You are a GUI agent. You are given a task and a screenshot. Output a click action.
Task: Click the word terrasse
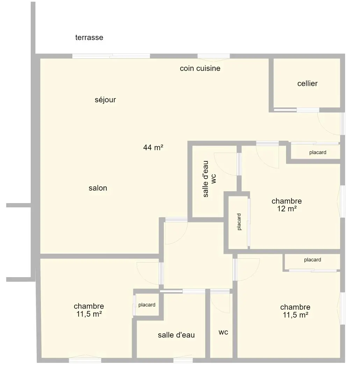pos(89,37)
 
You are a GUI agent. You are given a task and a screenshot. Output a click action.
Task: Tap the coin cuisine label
pos(200,68)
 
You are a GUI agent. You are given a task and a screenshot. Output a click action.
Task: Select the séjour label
pos(105,100)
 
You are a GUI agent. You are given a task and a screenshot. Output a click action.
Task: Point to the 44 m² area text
pos(153,147)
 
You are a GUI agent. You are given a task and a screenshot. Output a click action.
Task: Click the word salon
pos(98,188)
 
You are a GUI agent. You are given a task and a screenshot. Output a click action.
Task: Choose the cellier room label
pos(307,83)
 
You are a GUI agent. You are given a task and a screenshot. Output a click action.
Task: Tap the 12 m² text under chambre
pos(287,208)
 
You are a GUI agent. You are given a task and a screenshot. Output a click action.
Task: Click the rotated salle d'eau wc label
pos(209,179)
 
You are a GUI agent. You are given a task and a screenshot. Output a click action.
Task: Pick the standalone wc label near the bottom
pos(223,332)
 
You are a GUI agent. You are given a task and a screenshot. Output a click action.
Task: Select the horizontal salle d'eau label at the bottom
pos(176,335)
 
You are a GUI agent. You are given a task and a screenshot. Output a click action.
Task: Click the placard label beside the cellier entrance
pos(318,152)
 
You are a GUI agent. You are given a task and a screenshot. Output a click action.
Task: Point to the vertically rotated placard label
pos(239,222)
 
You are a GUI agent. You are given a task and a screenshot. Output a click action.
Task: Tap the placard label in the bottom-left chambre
pos(147,305)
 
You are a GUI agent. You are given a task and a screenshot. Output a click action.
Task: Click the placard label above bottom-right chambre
pos(312,260)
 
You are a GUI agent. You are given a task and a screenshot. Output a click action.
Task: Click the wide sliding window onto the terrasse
pos(111,56)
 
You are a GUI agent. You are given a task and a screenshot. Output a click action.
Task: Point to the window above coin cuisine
pos(214,56)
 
